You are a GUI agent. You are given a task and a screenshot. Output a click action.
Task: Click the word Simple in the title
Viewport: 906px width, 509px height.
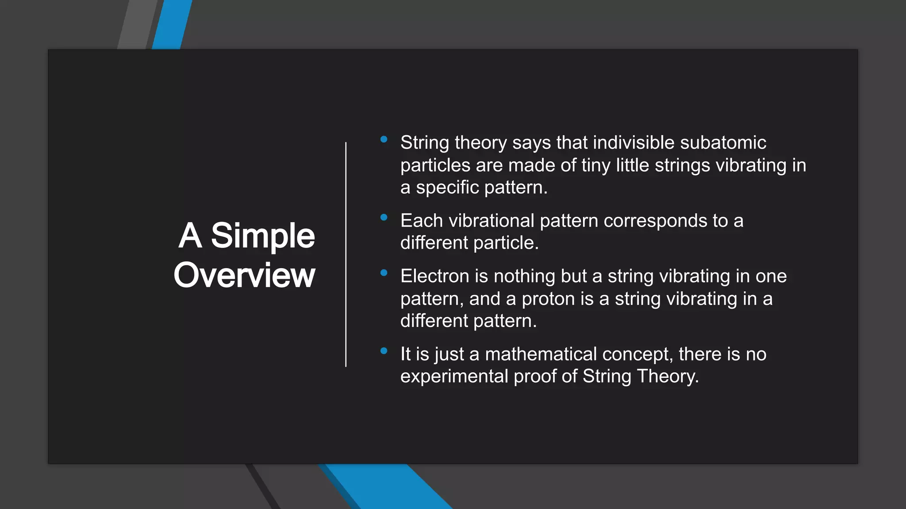pyautogui.click(x=263, y=236)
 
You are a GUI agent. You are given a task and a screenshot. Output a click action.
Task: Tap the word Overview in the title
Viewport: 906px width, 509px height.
pyautogui.click(x=244, y=275)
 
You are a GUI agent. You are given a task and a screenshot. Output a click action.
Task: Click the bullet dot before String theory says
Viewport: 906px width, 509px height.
pyautogui.click(x=384, y=139)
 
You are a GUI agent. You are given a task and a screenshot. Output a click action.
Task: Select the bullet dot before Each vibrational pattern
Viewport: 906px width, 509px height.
pyautogui.click(x=384, y=217)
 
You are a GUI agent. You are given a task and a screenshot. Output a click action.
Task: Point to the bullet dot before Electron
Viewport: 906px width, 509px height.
pyautogui.click(x=384, y=273)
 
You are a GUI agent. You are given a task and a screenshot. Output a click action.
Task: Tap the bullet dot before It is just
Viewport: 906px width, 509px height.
pyautogui.click(x=384, y=351)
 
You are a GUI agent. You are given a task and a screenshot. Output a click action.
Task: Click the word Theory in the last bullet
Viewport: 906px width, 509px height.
pyautogui.click(x=668, y=376)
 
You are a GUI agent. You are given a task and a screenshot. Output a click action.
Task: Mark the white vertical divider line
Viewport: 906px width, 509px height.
pyautogui.click(x=346, y=254)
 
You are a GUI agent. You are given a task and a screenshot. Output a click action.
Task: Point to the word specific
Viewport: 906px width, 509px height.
pyautogui.click(x=447, y=188)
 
